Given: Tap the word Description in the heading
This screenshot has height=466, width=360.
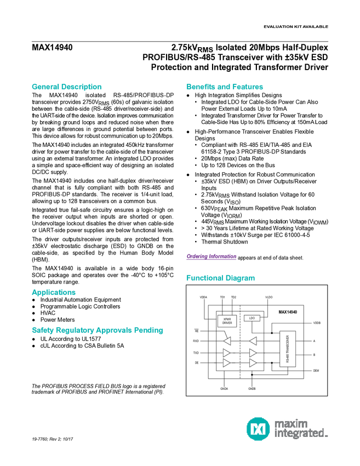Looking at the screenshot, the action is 81,87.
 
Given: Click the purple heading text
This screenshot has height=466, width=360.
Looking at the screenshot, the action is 211,257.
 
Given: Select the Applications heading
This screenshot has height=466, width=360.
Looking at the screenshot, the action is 53,292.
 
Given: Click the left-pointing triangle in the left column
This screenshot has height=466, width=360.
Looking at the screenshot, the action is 227,341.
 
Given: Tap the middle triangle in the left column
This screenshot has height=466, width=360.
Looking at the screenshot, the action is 226,353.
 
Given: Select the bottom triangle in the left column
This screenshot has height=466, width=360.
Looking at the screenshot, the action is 226,363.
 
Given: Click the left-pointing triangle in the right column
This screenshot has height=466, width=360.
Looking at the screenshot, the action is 253,341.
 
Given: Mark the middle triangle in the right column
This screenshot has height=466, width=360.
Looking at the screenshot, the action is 253,353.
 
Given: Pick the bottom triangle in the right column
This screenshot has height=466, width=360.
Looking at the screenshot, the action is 253,363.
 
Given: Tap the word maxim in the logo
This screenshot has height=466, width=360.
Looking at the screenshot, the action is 292,423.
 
